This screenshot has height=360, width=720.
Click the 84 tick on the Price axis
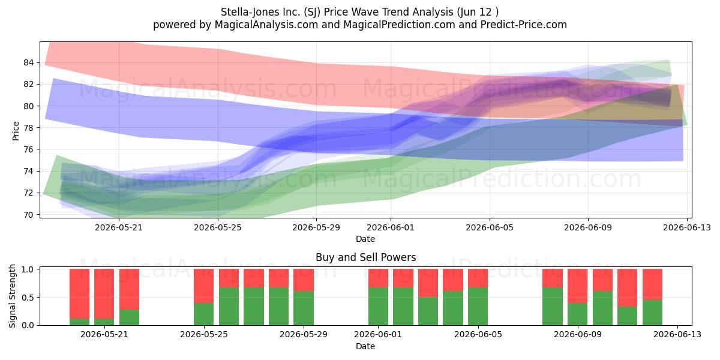tap(28, 62)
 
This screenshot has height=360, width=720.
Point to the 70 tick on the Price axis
tap(28, 215)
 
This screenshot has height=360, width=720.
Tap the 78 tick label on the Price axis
tap(28, 128)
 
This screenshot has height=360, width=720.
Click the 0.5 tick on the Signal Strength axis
tap(28, 298)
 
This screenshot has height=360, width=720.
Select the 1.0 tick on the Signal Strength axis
tap(28, 269)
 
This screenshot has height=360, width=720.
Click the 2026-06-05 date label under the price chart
tap(490, 227)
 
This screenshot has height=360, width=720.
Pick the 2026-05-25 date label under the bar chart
tap(204, 334)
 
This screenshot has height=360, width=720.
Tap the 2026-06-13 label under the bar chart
tap(677, 334)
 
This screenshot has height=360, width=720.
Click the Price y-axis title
tap(16, 131)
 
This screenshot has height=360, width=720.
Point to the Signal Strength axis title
tap(12, 296)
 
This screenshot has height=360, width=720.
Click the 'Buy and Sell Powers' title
tap(366, 257)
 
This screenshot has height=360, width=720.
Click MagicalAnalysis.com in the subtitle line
tap(266, 25)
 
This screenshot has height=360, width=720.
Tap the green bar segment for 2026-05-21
tap(104, 322)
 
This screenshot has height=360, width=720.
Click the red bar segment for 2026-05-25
tap(203, 286)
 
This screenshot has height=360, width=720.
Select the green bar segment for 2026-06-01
tap(379, 307)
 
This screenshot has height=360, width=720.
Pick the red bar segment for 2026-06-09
tap(577, 286)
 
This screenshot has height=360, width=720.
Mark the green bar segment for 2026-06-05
tap(478, 307)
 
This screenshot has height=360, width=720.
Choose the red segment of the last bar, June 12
tap(653, 284)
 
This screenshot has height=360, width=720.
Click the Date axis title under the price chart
tap(365, 239)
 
